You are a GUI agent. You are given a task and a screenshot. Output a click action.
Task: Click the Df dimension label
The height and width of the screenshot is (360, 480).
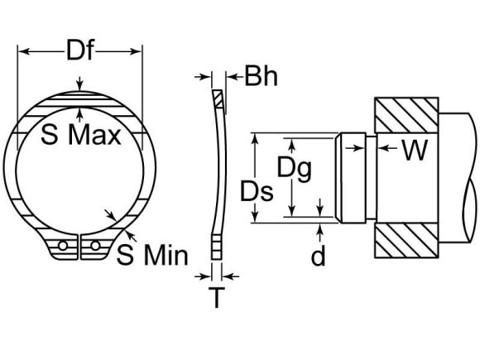[x=79, y=52]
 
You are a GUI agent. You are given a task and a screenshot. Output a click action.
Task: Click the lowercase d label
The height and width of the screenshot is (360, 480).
[x=319, y=257]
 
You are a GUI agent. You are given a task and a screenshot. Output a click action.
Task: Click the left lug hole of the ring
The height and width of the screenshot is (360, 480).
[x=62, y=246]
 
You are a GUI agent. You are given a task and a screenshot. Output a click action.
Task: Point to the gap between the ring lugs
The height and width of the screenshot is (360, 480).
[x=79, y=248]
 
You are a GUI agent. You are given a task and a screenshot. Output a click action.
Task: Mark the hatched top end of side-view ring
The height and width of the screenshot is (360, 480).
[x=217, y=99]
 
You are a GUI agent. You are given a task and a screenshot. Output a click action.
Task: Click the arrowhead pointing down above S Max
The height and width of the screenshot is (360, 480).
[x=79, y=85]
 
